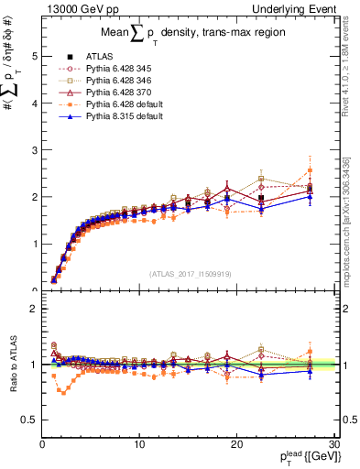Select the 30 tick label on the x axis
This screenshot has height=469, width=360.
tap(333, 443)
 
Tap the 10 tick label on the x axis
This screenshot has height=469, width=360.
tap(139, 443)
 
